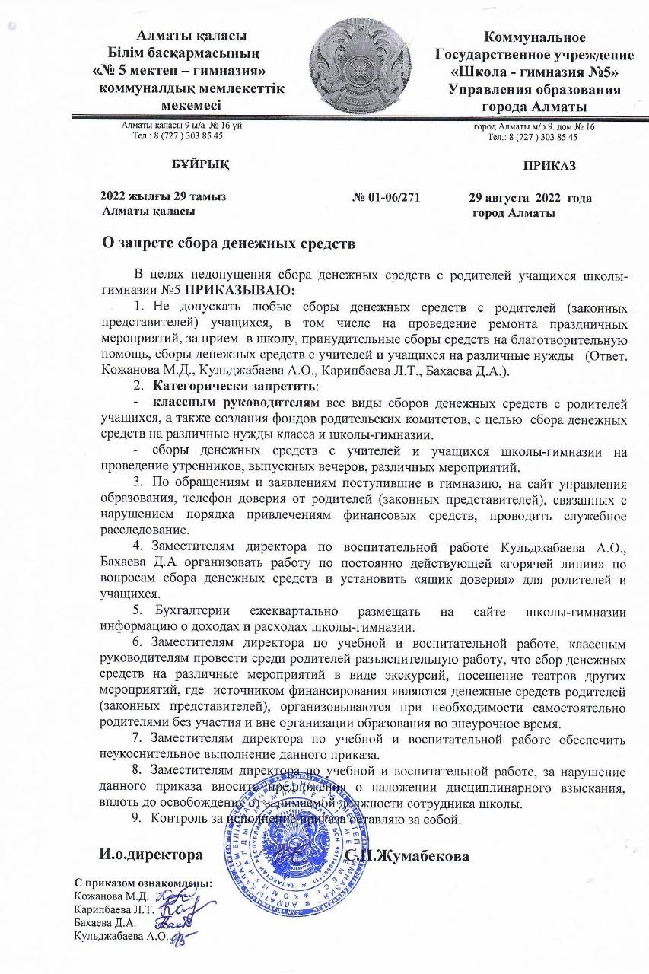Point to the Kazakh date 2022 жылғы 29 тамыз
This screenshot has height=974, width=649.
tap(163, 197)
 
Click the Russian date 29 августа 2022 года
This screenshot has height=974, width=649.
tap(530, 198)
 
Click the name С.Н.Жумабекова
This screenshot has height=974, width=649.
tap(409, 856)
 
